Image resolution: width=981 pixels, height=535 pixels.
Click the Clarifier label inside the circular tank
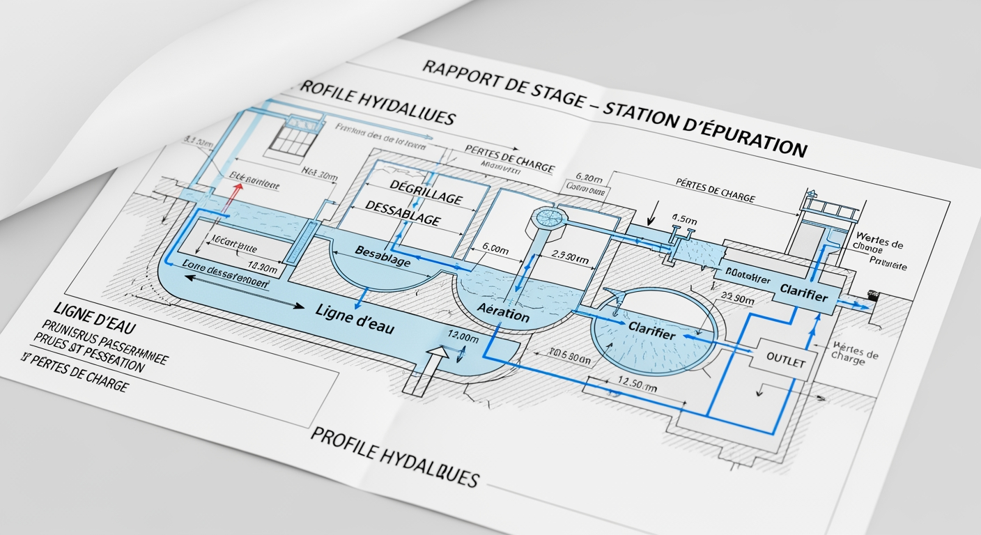(651, 330)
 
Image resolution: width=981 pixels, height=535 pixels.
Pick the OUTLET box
(785, 362)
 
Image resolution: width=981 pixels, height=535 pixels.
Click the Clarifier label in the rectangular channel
(803, 293)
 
